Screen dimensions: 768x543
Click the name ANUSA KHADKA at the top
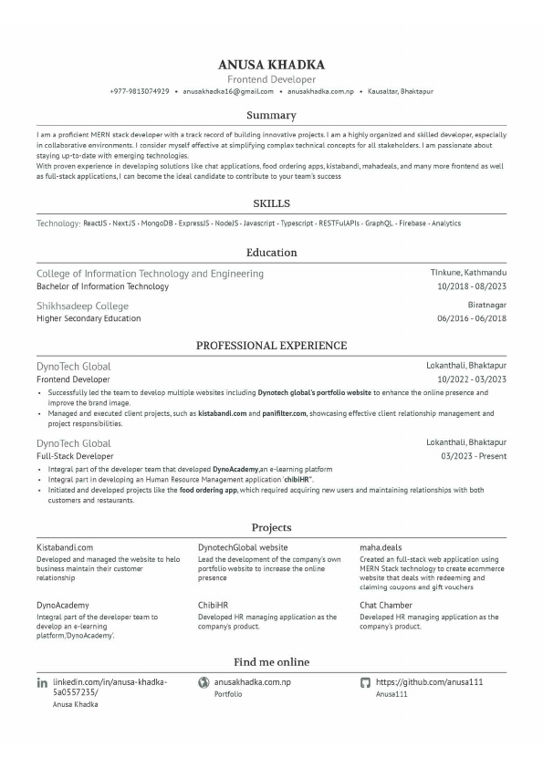click(271, 65)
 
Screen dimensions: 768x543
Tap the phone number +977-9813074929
click(139, 92)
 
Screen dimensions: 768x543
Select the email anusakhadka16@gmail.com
click(228, 92)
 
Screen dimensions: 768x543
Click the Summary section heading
click(271, 116)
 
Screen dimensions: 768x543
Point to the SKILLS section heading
click(271, 203)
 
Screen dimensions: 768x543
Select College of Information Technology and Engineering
click(150, 274)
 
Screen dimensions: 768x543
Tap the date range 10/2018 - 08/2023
click(472, 286)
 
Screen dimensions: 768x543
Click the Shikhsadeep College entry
click(82, 306)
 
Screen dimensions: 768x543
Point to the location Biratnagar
click(487, 306)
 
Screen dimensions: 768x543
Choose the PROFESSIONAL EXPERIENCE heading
click(271, 346)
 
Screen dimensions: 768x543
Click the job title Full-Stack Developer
click(75, 456)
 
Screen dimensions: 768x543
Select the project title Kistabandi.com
click(65, 547)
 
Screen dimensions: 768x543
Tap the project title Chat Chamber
click(386, 605)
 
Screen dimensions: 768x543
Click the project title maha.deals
click(381, 547)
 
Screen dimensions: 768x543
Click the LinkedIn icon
click(42, 682)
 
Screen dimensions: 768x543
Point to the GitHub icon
click(365, 682)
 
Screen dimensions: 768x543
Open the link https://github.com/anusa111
click(429, 682)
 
